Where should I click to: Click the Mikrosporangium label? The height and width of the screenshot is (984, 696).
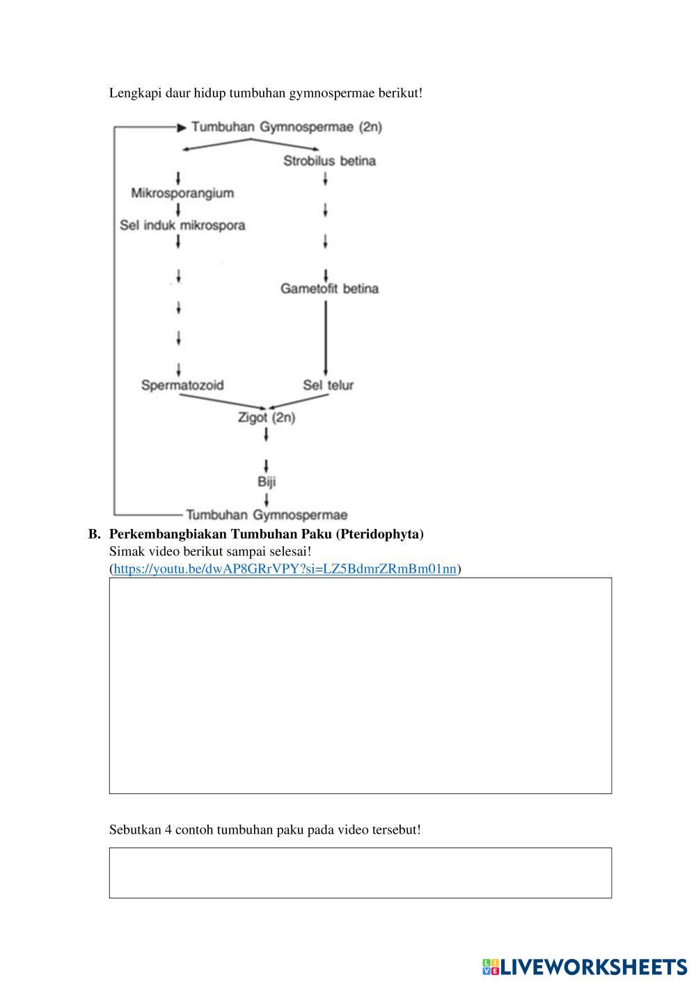coord(182,193)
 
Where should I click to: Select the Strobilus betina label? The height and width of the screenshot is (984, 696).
coord(329,161)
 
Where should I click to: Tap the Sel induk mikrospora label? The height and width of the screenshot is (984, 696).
coord(182,225)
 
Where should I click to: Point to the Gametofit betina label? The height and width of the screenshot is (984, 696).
coord(329,288)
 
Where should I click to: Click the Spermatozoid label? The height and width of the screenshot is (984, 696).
coord(182,385)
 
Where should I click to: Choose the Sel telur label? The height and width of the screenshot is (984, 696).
coord(328,385)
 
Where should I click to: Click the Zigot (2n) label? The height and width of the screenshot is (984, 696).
coord(267,418)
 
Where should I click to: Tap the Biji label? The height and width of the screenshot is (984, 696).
coord(267,482)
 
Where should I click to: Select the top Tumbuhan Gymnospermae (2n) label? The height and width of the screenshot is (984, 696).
coord(286,127)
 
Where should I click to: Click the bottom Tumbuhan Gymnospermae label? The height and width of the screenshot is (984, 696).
coord(267,515)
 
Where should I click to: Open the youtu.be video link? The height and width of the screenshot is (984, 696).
coord(285,569)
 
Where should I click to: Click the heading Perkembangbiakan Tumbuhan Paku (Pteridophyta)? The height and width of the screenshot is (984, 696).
coord(266,534)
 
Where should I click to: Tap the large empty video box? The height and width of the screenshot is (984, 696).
coord(360,685)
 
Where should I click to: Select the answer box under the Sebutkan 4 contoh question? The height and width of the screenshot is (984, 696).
coord(360,872)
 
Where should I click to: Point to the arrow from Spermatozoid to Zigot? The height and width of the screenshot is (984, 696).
coord(223,402)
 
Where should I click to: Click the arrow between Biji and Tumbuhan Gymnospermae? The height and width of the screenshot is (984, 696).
coord(267,499)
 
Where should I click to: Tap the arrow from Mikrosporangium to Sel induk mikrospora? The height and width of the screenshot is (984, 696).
coord(179,209)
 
